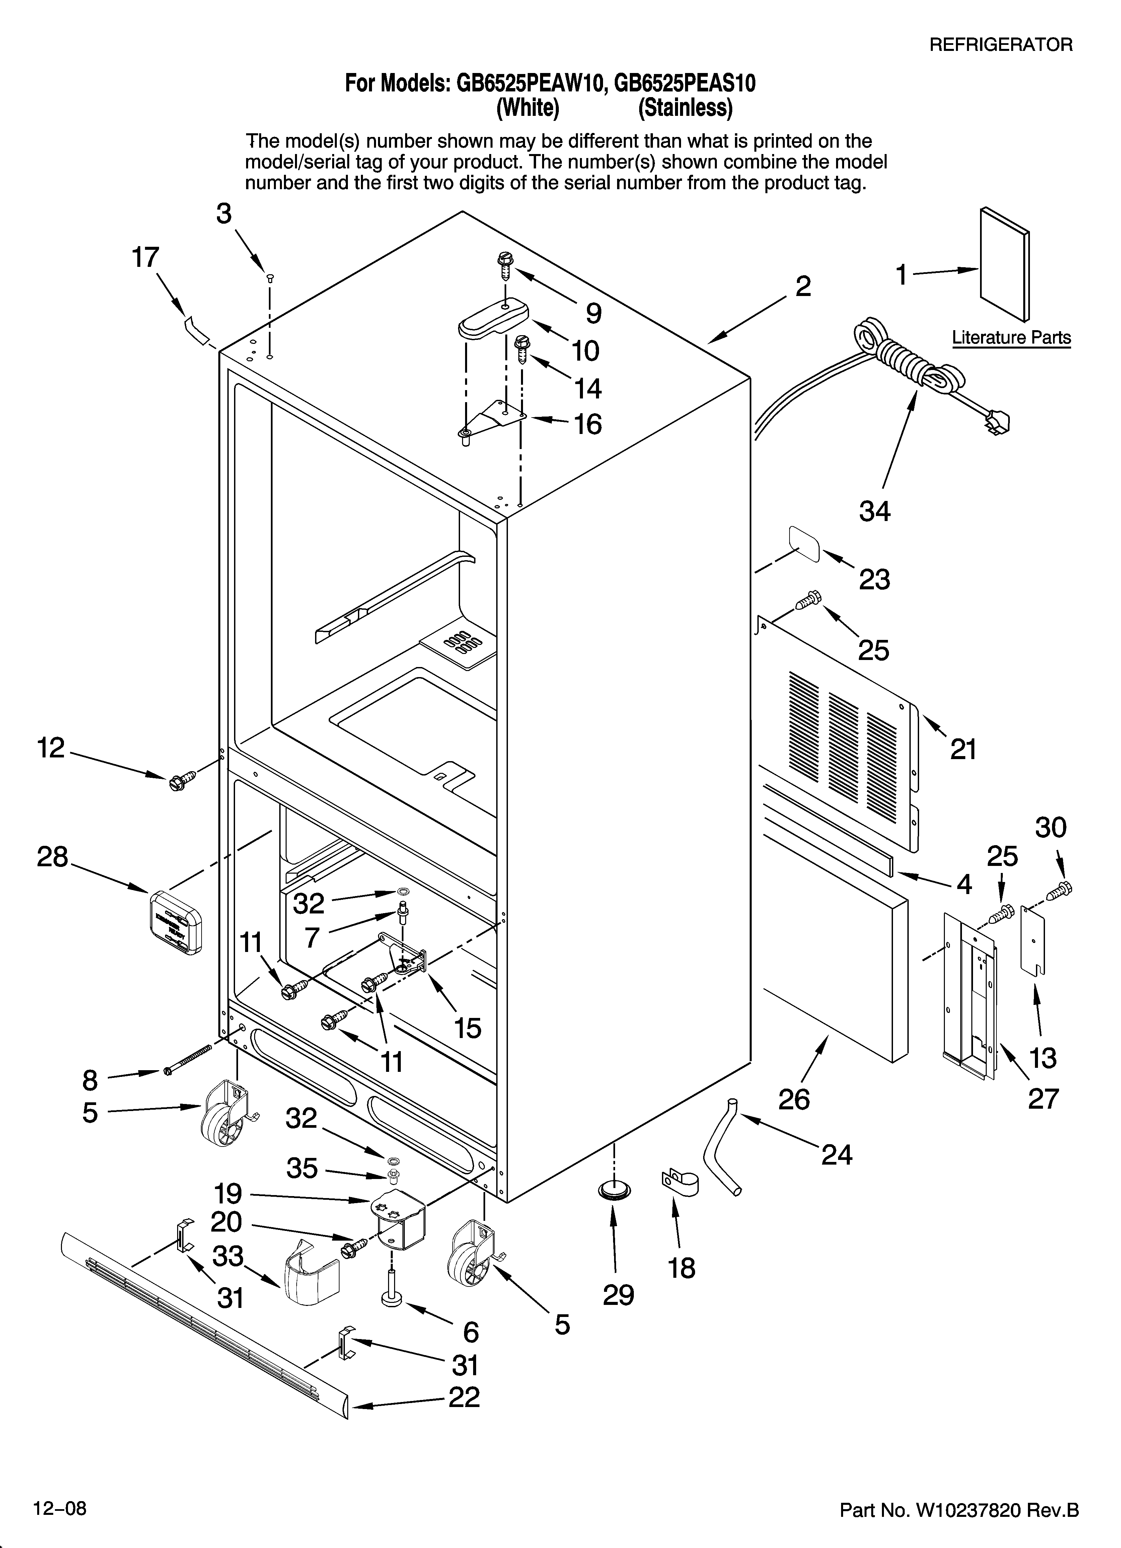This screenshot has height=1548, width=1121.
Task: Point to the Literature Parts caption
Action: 1011,338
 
